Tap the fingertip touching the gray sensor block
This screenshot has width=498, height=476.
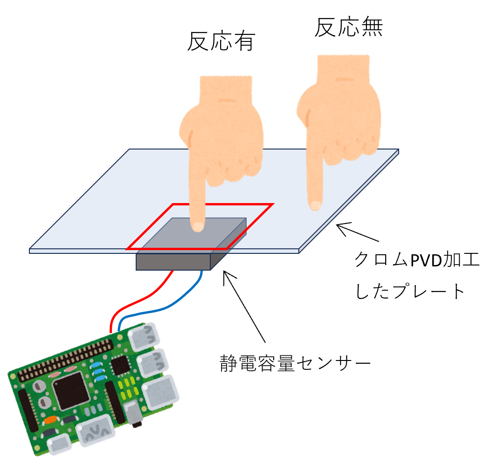198,226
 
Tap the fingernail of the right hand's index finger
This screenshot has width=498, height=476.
316,205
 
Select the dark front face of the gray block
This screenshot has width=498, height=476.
173,262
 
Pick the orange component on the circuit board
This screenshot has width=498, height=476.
49,420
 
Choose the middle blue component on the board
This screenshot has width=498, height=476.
98,372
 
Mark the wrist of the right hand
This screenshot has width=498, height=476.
343,70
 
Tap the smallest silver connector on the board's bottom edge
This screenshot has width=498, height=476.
60,445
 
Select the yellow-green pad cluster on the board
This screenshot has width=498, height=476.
128,389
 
